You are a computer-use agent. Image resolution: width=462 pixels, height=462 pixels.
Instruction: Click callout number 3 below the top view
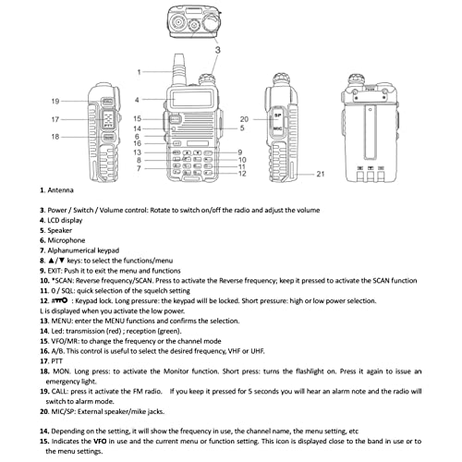coord(218,50)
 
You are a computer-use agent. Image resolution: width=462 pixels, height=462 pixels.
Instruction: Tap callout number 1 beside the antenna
coord(139,72)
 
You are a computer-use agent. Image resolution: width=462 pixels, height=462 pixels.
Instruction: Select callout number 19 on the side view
coord(55,102)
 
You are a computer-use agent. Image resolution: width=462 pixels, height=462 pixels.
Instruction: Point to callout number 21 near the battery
coord(321,174)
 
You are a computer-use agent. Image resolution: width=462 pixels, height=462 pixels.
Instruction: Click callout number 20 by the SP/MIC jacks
coord(244,119)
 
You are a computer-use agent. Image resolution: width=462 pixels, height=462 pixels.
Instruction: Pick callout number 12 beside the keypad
coord(242,174)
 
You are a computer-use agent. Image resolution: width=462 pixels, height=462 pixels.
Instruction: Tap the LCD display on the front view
coord(191,99)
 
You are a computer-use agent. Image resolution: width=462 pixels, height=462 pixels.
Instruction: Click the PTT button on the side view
coord(108,119)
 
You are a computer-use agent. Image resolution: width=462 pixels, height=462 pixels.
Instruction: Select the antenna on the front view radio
coord(178,69)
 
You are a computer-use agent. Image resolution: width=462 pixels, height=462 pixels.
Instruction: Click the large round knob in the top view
coord(212,22)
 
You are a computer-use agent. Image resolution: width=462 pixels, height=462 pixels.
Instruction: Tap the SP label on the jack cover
coord(278,115)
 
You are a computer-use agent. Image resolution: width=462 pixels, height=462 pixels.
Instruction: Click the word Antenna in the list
coord(60,190)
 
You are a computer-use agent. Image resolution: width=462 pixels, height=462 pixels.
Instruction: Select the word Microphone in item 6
coord(67,240)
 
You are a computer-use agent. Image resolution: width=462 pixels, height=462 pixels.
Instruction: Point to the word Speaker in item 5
coord(60,230)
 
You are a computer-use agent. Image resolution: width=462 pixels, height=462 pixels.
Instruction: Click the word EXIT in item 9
coord(55,271)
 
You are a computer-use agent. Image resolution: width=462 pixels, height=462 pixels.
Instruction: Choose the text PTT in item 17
coord(56,361)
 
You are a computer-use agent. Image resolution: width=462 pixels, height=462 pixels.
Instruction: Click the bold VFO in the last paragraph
coord(100,441)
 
